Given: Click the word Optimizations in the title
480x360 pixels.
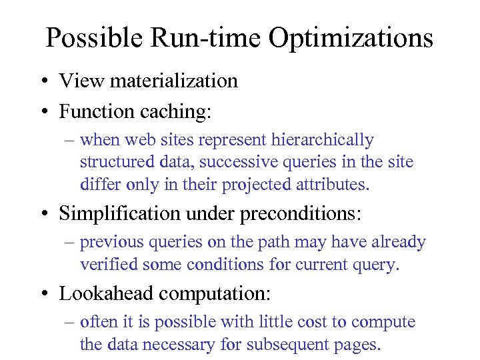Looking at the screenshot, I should point(351,38).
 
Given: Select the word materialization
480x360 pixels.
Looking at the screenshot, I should point(174,81).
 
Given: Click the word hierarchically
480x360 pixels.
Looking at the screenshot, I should point(323,140).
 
